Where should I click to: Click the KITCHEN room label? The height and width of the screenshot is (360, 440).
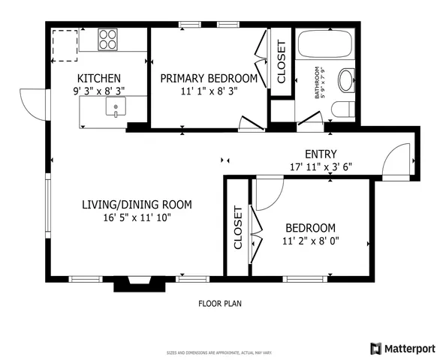tap(99, 78)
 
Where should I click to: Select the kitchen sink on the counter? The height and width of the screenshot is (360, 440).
tap(116, 109)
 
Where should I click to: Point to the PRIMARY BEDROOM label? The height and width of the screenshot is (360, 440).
tap(209, 78)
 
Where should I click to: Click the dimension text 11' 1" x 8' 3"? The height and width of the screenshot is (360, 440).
tap(209, 92)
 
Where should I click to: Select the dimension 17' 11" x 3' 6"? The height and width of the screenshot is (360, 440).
tap(321, 167)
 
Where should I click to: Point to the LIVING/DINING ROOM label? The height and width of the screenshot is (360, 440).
tap(137, 204)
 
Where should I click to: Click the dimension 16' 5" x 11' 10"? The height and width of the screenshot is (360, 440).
tap(137, 218)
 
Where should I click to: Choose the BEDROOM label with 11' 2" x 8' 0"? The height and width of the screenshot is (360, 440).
tap(310, 228)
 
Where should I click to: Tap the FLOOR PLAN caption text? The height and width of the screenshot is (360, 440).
tap(219, 304)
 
